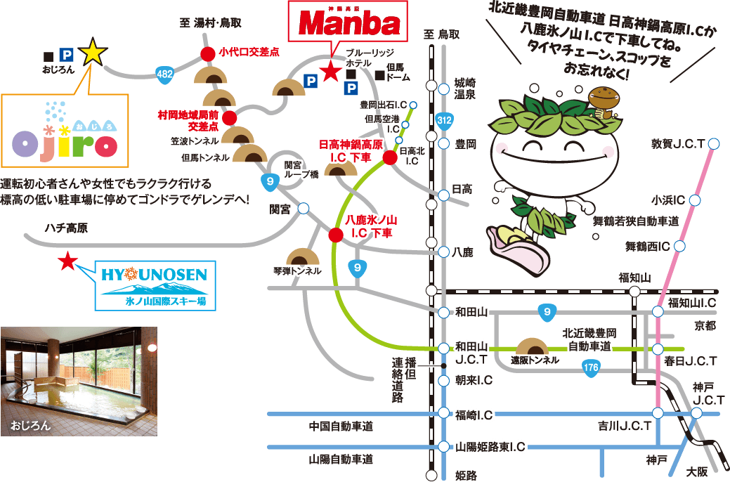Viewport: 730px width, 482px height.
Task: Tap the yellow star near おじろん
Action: click(x=93, y=53)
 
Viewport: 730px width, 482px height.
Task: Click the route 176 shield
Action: click(x=590, y=366)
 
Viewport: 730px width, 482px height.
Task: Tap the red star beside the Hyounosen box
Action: click(x=67, y=261)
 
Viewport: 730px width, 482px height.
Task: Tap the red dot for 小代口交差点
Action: click(x=207, y=53)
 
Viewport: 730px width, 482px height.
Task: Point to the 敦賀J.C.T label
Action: click(x=678, y=144)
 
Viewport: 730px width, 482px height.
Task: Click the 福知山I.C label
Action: click(x=692, y=303)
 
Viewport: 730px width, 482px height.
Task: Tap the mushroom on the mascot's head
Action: click(x=605, y=99)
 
